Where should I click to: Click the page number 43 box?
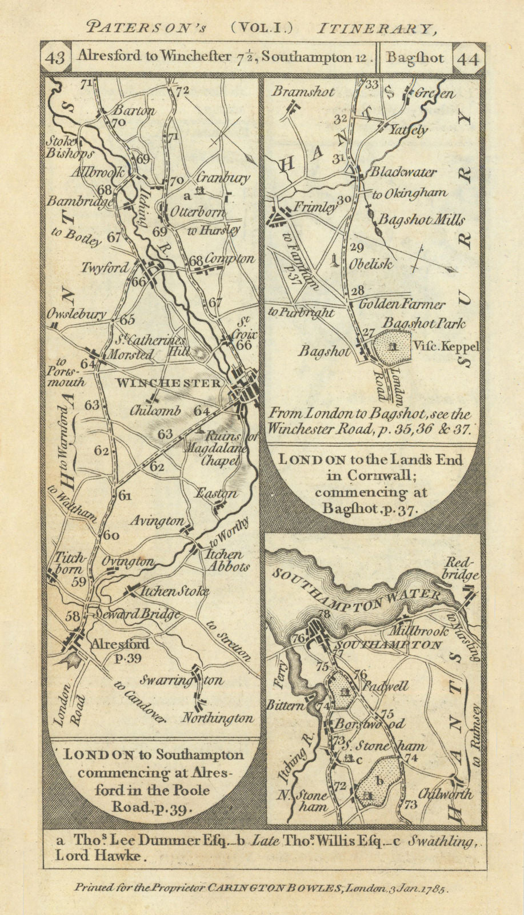[55, 58]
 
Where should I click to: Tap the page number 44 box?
[467, 58]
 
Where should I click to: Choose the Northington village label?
[217, 718]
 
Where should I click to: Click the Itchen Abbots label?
[227, 560]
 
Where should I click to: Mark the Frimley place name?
[315, 208]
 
